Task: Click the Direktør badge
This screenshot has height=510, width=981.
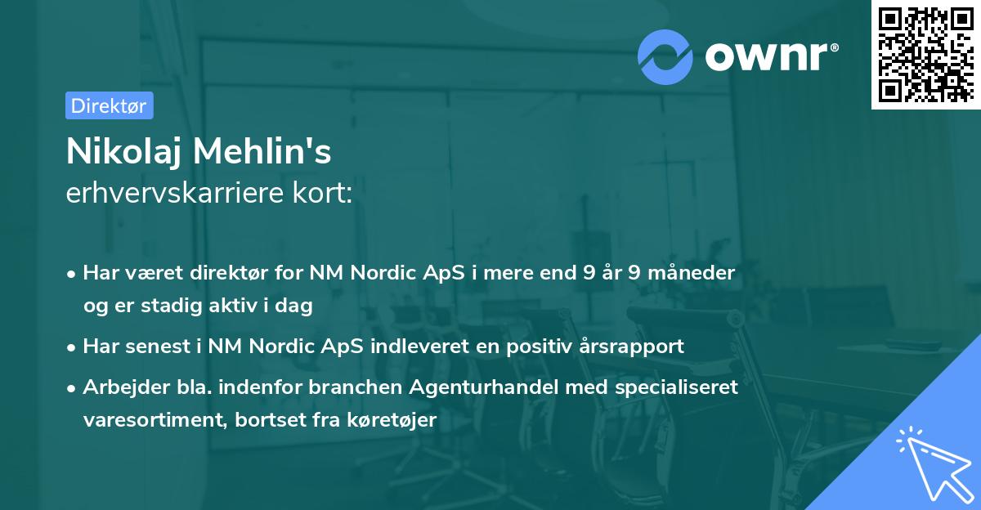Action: coord(109,105)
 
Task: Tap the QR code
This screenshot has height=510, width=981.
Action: coord(925,55)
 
